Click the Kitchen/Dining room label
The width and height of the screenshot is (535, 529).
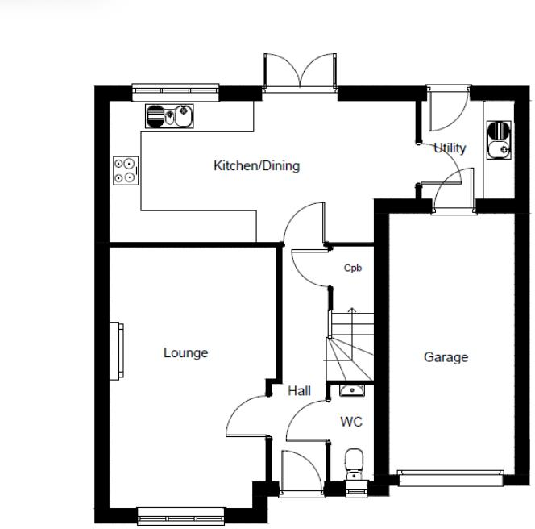click(255, 166)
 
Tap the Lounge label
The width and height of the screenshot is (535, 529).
click(185, 353)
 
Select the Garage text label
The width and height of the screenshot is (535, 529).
click(446, 357)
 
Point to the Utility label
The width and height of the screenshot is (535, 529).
click(450, 148)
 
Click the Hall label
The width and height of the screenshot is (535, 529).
click(299, 391)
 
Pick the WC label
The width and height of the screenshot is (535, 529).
click(351, 422)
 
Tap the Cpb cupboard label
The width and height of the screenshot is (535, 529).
click(352, 269)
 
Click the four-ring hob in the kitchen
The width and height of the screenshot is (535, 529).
click(126, 170)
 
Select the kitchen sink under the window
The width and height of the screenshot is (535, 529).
click(170, 117)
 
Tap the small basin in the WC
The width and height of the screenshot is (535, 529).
click(352, 391)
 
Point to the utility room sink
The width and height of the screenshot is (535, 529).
click(499, 139)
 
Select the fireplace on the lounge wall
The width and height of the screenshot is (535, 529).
click(118, 351)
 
